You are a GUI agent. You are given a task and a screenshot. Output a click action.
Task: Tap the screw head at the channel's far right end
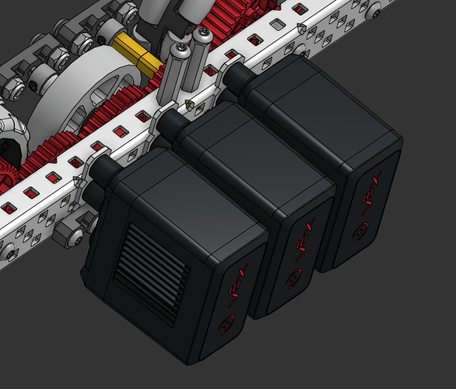pos(376,12)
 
